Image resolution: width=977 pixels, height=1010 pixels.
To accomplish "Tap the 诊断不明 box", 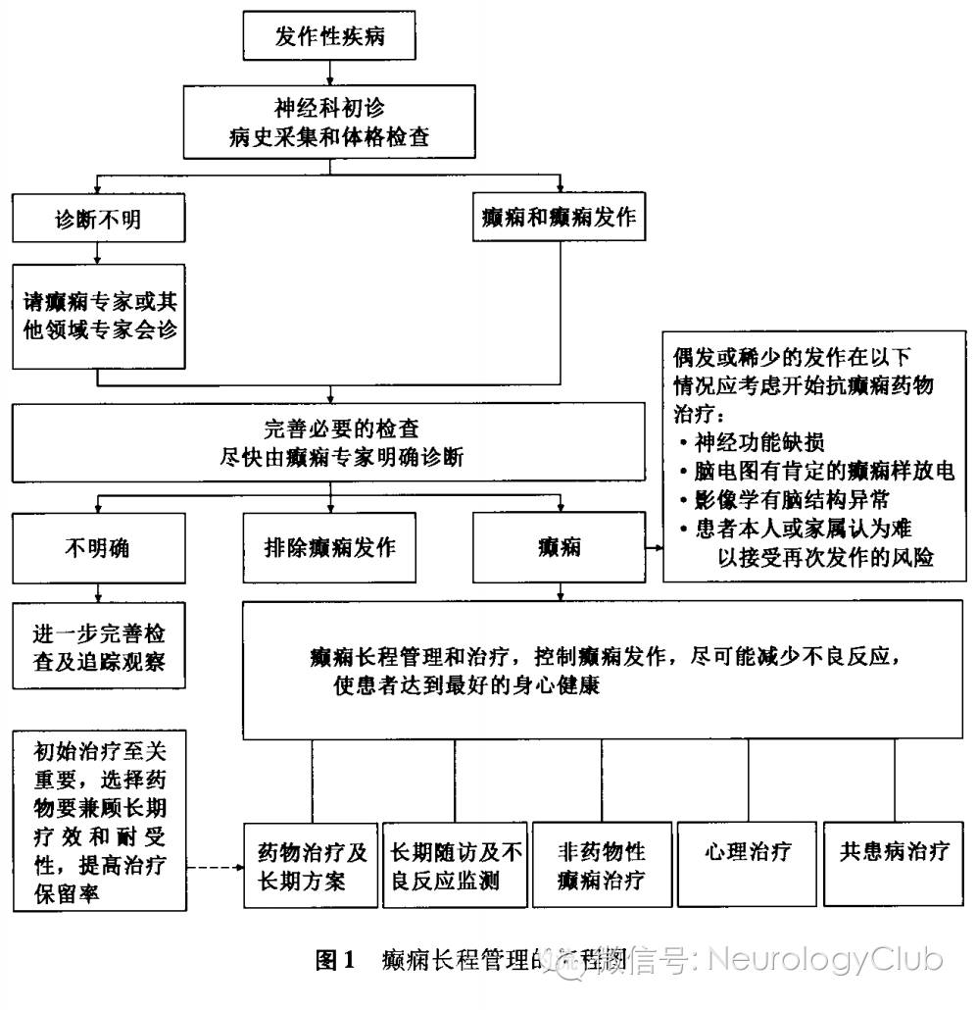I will pos(98,218).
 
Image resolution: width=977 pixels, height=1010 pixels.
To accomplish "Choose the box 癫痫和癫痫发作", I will pos(561,217).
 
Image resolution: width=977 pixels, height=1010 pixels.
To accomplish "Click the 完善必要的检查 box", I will pos(329,442).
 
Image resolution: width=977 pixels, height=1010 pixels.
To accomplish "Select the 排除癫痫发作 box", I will pos(330,547).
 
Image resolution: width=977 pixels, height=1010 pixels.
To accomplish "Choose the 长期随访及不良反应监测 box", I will pos(456,865).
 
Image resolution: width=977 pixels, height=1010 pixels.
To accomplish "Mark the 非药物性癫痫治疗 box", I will pos(602,865).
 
